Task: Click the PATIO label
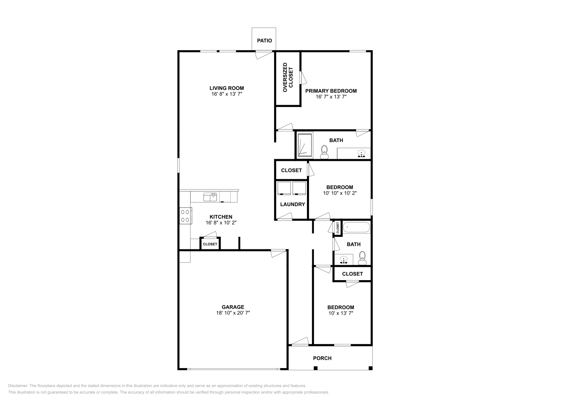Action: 264,40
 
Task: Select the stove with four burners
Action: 185,216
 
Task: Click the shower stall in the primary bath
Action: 305,145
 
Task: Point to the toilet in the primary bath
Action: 324,151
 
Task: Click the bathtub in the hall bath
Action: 356,228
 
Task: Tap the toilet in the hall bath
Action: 362,258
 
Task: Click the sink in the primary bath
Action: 362,153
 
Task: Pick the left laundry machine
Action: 284,188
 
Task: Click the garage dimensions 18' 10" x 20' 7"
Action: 233,313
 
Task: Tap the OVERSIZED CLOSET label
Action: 288,77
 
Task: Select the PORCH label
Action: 322,358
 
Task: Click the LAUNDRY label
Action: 293,204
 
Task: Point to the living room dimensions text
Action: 227,94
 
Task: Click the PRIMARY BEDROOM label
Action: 331,91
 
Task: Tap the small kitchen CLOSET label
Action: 210,244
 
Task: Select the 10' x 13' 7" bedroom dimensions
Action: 341,313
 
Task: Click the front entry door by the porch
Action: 299,341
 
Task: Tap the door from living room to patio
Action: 264,54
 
